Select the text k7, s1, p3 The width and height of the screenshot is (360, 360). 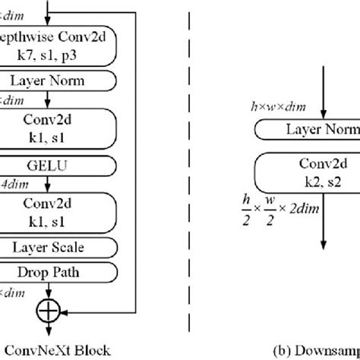62,56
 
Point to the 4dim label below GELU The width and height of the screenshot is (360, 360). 11,183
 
